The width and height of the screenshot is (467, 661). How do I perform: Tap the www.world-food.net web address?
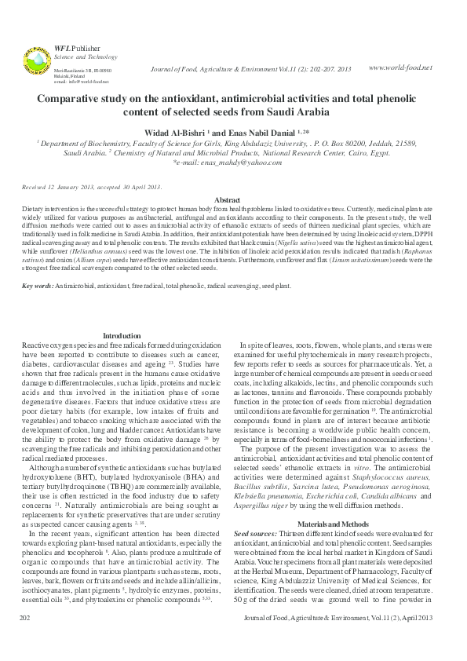[400, 68]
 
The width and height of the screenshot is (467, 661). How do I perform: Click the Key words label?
[37, 287]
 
